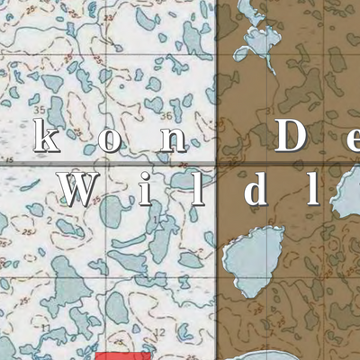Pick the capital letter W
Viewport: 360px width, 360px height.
pos(81,189)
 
